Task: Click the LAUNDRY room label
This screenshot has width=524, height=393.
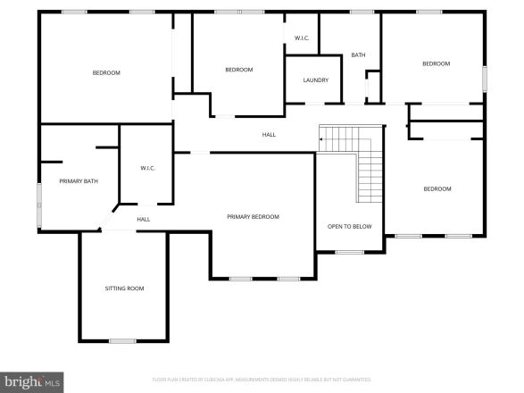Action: click(315, 80)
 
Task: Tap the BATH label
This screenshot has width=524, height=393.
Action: click(358, 55)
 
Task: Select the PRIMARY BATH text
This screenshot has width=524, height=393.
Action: click(79, 181)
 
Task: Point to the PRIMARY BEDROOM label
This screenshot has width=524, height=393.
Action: click(253, 217)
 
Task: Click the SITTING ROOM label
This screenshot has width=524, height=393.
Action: click(124, 288)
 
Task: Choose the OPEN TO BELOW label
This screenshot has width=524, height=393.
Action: click(349, 226)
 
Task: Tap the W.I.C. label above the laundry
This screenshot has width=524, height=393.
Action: click(302, 38)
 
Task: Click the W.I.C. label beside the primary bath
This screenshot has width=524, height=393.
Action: click(148, 168)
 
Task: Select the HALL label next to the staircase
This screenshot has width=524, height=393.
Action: click(269, 135)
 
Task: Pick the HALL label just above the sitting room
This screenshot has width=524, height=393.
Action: click(143, 219)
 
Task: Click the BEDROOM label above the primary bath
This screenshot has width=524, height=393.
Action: click(106, 72)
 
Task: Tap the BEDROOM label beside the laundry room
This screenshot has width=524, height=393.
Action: click(238, 70)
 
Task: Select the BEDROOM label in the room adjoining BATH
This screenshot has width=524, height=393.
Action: click(436, 63)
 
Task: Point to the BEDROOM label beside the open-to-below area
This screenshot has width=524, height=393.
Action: click(437, 188)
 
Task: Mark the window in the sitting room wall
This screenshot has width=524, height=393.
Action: click(122, 340)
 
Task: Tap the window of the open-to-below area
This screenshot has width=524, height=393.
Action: click(349, 252)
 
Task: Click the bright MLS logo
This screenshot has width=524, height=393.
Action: click(32, 382)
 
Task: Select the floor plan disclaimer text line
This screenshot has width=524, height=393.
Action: click(262, 379)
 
